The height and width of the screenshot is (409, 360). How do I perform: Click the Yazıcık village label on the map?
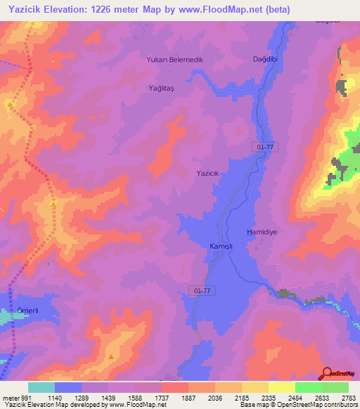(x=207, y=173)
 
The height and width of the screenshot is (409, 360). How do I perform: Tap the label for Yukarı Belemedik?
(x=174, y=60)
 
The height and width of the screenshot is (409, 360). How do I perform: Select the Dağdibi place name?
(x=266, y=60)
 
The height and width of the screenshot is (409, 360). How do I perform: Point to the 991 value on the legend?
(x=25, y=397)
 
